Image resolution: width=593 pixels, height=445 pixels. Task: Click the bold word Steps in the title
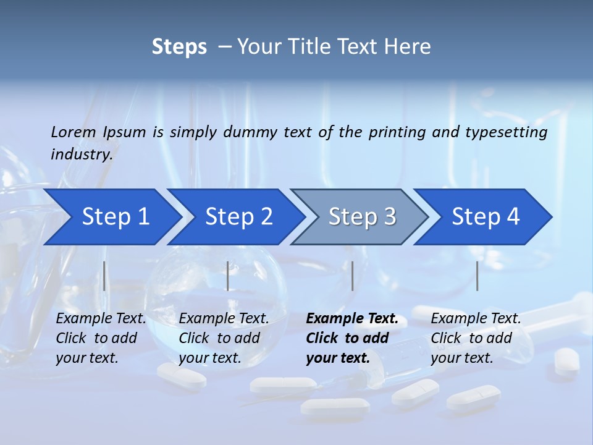pyautogui.click(x=179, y=47)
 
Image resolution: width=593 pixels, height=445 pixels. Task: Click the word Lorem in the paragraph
pyautogui.click(x=74, y=132)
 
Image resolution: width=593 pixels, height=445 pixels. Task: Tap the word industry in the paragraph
pyautogui.click(x=82, y=154)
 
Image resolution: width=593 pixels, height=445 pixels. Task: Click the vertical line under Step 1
pyautogui.click(x=104, y=276)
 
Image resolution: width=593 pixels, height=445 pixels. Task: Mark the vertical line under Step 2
pyautogui.click(x=228, y=276)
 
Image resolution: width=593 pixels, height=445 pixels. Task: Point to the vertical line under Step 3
pyautogui.click(x=353, y=276)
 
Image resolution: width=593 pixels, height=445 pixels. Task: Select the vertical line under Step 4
pyautogui.click(x=477, y=276)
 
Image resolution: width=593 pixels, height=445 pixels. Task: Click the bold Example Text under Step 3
pyautogui.click(x=352, y=319)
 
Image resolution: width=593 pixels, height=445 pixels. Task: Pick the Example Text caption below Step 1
pyautogui.click(x=101, y=319)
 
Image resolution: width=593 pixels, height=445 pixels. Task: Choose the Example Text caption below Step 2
pyautogui.click(x=224, y=319)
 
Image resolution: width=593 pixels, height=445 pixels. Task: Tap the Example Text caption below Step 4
pyautogui.click(x=476, y=319)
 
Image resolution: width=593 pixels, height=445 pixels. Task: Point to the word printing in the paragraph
pyautogui.click(x=397, y=132)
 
